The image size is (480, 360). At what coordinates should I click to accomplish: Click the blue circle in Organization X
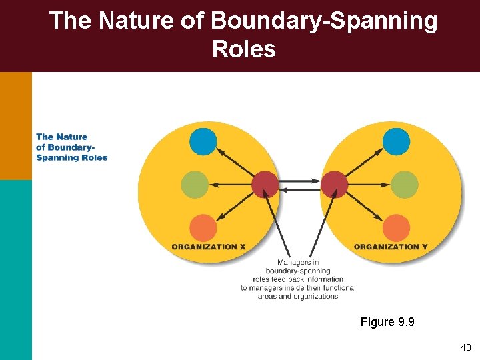pyautogui.click(x=203, y=141)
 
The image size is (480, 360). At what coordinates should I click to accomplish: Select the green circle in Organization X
pyautogui.click(x=195, y=185)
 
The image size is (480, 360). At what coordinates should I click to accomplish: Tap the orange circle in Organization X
pyautogui.click(x=203, y=228)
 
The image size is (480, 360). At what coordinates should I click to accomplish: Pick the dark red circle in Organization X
pyautogui.click(x=265, y=184)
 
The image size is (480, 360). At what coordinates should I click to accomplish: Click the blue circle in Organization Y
pyautogui.click(x=396, y=141)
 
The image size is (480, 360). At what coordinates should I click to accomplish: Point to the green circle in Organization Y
pyautogui.click(x=405, y=185)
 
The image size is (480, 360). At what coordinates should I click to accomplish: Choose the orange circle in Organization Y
pyautogui.click(x=396, y=228)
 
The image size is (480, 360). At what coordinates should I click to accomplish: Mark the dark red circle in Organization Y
pyautogui.click(x=335, y=184)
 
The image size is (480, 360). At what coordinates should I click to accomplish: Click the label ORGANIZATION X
pyautogui.click(x=209, y=247)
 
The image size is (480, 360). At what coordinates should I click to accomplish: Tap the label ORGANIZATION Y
pyautogui.click(x=391, y=247)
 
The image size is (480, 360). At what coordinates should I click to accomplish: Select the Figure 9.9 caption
pyautogui.click(x=387, y=322)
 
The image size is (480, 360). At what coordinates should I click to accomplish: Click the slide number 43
pyautogui.click(x=465, y=347)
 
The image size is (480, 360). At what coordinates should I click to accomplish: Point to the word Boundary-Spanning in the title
pyautogui.click(x=324, y=21)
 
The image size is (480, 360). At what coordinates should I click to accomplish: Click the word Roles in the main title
pyautogui.click(x=243, y=49)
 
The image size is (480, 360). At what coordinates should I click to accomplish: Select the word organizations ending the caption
pyautogui.click(x=316, y=297)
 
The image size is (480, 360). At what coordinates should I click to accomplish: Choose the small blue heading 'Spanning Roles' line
pyautogui.click(x=72, y=158)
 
